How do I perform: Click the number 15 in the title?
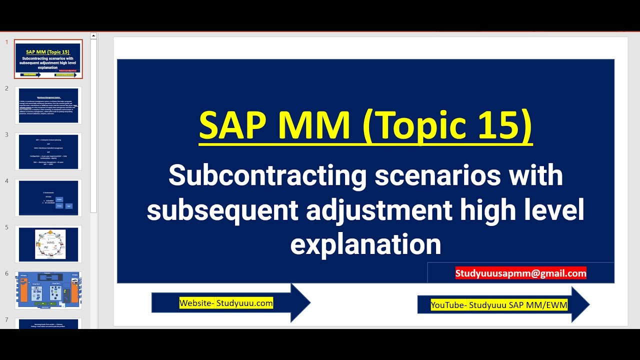[x=497, y=125]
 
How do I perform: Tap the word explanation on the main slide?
[x=365, y=244]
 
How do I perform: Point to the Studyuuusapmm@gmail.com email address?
[x=520, y=273]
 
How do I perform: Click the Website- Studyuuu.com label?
[x=226, y=303]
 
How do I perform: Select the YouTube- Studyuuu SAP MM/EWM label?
[x=499, y=304]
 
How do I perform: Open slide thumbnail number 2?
[x=48, y=105]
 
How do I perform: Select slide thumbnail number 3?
[x=48, y=151]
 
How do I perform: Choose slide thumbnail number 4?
[x=48, y=198]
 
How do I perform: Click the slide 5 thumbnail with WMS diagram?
[x=48, y=244]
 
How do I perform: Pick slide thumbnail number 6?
[x=48, y=290]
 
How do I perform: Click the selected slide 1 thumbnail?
[x=48, y=59]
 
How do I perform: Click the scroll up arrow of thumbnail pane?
[x=93, y=36]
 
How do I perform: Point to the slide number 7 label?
[x=6, y=319]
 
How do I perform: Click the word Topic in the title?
[x=416, y=125]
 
